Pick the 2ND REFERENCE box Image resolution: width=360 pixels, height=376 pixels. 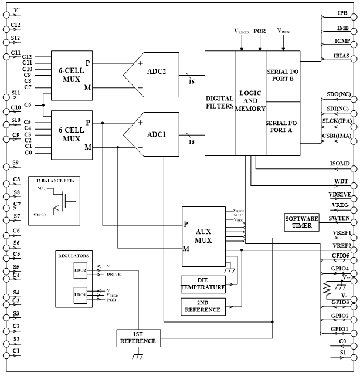click(203, 306)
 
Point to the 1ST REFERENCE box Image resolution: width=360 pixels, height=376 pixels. click(138, 337)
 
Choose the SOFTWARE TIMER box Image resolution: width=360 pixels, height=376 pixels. click(301, 222)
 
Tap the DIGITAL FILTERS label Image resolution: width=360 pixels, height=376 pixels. click(220, 103)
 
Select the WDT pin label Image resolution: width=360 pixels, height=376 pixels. click(342, 182)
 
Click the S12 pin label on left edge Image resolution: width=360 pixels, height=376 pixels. click(15, 39)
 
